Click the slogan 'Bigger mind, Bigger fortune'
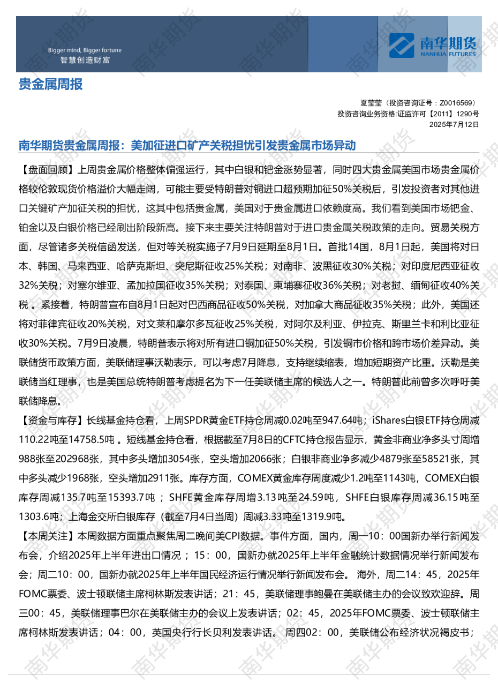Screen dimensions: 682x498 pyautogui.click(x=85, y=50)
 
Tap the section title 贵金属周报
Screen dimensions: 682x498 pyautogui.click(x=51, y=84)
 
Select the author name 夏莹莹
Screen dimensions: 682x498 pyautogui.click(x=371, y=102)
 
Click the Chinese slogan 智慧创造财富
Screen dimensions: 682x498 pyautogui.click(x=85, y=60)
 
